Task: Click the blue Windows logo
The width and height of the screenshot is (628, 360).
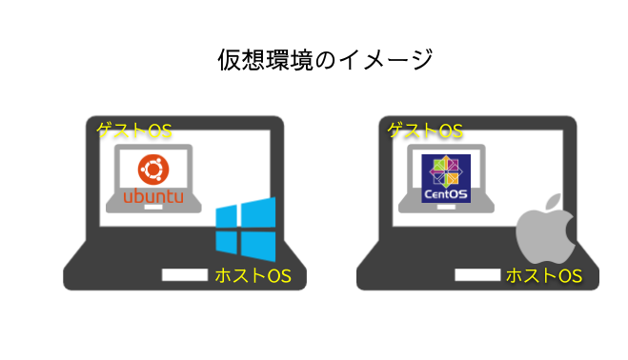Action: pyautogui.click(x=245, y=230)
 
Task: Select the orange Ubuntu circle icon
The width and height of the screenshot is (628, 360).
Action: pyautogui.click(x=152, y=170)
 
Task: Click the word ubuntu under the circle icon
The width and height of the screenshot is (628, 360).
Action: pyautogui.click(x=152, y=197)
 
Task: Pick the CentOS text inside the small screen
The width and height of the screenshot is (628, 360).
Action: pyautogui.click(x=446, y=195)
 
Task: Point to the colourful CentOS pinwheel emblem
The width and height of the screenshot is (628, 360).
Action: pyautogui.click(x=446, y=172)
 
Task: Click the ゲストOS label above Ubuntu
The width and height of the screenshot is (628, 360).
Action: pyautogui.click(x=133, y=130)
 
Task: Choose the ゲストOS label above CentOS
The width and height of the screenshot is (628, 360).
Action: pyautogui.click(x=425, y=130)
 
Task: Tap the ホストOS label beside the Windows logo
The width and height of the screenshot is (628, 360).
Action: pyautogui.click(x=253, y=276)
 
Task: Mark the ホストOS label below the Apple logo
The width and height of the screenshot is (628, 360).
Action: pyautogui.click(x=543, y=276)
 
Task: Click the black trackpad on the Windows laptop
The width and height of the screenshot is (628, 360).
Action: pyautogui.click(x=184, y=274)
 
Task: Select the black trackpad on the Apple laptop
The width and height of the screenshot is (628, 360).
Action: pyautogui.click(x=476, y=274)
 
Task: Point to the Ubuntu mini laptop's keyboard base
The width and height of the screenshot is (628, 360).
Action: pyautogui.click(x=153, y=208)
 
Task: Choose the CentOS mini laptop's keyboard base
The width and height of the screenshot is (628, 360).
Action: pyautogui.click(x=446, y=208)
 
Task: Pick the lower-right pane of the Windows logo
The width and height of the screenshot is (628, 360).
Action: pyautogui.click(x=258, y=247)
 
